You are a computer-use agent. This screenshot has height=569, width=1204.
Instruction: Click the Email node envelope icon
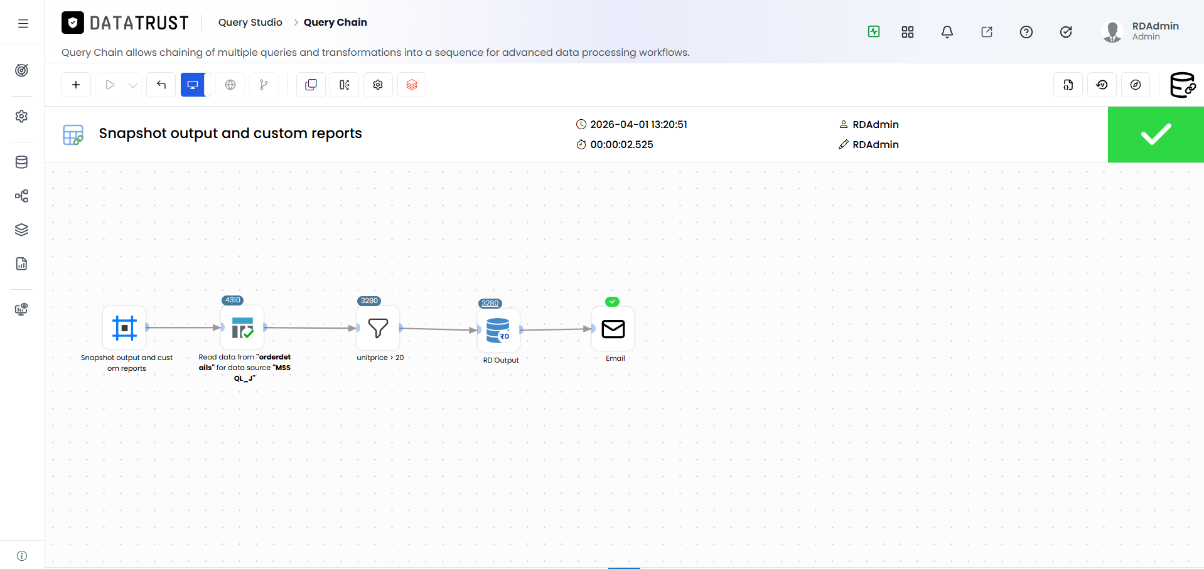tap(613, 329)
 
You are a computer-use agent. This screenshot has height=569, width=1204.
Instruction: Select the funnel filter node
tap(378, 328)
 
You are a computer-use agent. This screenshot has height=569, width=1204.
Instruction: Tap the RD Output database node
tap(498, 330)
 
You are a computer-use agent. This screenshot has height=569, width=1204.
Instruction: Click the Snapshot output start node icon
tap(124, 327)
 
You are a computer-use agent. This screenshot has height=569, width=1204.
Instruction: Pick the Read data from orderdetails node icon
tap(242, 327)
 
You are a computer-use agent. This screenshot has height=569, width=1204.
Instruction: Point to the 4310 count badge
tap(233, 300)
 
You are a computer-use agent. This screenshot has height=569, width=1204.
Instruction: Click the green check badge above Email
tap(612, 302)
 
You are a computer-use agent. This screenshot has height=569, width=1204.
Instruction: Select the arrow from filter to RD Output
tap(438, 329)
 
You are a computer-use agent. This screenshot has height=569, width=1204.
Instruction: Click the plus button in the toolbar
tap(76, 85)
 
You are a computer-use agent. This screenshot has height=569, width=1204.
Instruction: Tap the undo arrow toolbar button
tap(161, 85)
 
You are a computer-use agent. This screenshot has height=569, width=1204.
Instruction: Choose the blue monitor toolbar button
tap(193, 85)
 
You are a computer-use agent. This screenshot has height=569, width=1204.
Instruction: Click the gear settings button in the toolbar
tap(378, 85)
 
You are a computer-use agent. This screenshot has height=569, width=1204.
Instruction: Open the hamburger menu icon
tap(23, 23)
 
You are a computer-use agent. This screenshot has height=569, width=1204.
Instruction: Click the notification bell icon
tap(947, 32)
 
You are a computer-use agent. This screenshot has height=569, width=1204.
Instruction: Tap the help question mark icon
tap(1026, 32)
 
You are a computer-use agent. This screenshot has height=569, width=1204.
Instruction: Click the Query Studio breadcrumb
tap(250, 23)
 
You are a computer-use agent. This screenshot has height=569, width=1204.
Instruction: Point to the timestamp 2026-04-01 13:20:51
tap(638, 124)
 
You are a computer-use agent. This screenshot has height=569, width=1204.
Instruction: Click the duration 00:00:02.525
tap(621, 144)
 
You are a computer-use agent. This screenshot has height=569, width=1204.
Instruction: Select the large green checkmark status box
tap(1156, 134)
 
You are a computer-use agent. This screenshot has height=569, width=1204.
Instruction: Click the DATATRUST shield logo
tap(73, 23)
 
